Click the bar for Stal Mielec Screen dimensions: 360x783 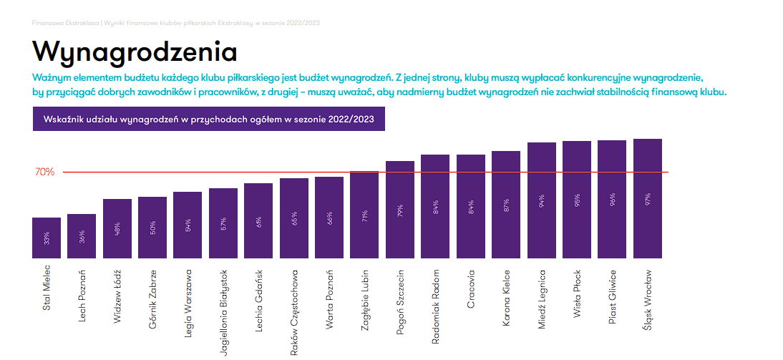tap(47, 238)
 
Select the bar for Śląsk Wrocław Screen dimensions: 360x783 tap(647, 198)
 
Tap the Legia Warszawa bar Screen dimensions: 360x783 tap(188, 225)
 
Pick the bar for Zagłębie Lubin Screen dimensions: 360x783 tap(364, 215)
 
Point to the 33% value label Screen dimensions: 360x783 tap(47, 239)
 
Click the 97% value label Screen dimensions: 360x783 tap(648, 198)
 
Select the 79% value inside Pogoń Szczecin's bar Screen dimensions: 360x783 tap(400, 210)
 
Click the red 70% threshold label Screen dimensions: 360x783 tap(44, 172)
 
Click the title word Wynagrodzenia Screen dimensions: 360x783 tap(135, 52)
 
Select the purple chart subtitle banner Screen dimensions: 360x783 tap(208, 119)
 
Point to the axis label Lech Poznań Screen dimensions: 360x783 tap(82, 296)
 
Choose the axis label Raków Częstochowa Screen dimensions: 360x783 tap(294, 312)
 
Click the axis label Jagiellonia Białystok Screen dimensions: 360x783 tap(224, 312)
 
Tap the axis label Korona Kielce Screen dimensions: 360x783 tap(506, 298)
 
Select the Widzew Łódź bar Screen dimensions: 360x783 tap(117, 228)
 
